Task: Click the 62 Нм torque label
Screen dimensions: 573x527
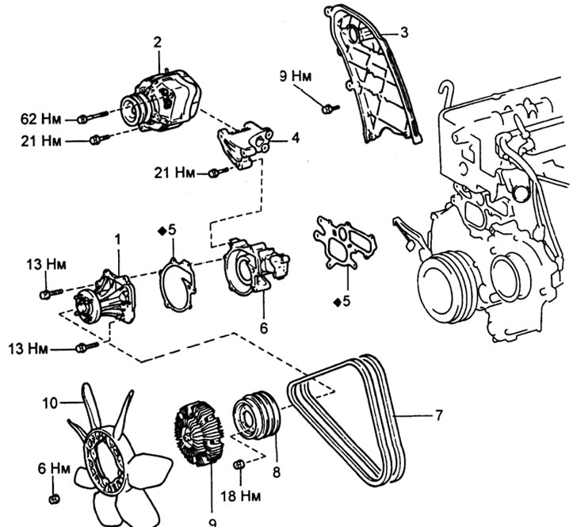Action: [40, 120]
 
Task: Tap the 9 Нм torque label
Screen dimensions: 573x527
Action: [296, 77]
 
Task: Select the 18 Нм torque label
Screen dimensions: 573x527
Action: [240, 496]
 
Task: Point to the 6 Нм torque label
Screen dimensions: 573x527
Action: [54, 468]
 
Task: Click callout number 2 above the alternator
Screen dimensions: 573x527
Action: [157, 42]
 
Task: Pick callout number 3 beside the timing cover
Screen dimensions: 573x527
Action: [404, 32]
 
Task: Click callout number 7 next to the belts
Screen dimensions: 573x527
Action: [438, 415]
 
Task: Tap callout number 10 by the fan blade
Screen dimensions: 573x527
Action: [50, 403]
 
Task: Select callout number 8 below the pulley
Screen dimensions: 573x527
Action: [277, 472]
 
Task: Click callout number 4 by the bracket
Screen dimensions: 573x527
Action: [296, 138]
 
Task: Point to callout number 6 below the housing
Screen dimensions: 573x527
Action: [263, 328]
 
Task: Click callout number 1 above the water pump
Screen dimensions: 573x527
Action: [117, 239]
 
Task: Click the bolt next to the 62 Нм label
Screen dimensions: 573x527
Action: [93, 116]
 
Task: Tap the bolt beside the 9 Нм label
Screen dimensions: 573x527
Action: [331, 109]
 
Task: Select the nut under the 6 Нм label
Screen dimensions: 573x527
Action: [54, 498]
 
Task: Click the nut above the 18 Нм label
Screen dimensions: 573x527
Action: [239, 464]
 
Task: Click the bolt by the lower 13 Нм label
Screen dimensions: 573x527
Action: [87, 347]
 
